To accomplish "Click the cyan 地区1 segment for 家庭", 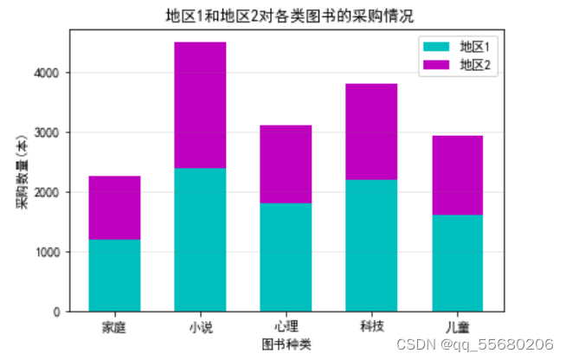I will [x=114, y=275].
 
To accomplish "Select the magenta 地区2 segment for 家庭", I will [x=114, y=208].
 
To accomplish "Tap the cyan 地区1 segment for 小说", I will [x=200, y=240].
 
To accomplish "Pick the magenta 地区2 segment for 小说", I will [x=200, y=105].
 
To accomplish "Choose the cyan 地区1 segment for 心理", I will [x=286, y=257].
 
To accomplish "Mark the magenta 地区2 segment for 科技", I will [x=371, y=132].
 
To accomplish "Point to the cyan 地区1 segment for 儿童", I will [x=457, y=263].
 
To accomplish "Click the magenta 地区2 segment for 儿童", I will [x=457, y=175].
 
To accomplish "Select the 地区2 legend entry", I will [x=459, y=64].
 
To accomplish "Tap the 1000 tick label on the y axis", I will [x=52, y=252].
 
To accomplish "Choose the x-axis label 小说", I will [x=200, y=327].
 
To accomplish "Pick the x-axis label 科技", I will [x=371, y=327].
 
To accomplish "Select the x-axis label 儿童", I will [x=457, y=327].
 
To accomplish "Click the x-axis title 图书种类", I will [x=286, y=344].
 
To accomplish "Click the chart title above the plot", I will [x=285, y=16].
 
